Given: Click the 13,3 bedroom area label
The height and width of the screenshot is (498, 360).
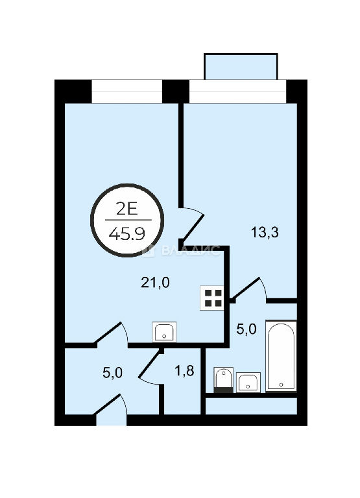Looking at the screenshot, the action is click(265, 233).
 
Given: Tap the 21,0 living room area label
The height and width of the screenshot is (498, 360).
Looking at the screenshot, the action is click(156, 282).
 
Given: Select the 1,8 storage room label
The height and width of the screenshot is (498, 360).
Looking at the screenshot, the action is click(184, 371).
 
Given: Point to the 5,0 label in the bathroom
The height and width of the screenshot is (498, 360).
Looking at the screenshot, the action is click(246, 329).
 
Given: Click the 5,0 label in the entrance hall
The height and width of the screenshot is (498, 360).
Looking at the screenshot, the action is click(112, 372).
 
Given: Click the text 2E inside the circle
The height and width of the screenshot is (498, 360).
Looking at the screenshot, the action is click(126, 209).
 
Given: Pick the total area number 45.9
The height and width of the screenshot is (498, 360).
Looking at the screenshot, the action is click(126, 234).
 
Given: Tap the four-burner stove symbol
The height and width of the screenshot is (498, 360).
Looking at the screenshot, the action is click(212, 298).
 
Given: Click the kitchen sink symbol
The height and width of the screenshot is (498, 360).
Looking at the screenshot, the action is click(164, 332).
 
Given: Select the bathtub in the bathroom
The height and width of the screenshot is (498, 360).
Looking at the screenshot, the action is click(282, 356).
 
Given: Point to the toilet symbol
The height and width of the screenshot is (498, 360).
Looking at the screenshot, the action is click(224, 379).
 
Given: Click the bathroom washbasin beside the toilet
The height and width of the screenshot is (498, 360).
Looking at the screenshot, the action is click(248, 382).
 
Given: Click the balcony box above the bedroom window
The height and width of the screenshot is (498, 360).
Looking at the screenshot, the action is click(241, 66).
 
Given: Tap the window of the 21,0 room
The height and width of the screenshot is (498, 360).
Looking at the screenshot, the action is click(127, 91).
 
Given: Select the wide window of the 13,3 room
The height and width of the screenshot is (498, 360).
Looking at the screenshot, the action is click(238, 91).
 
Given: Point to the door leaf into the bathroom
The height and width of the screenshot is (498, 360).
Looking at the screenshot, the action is click(246, 289).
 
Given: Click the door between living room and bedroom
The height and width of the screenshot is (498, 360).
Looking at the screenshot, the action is click(192, 227).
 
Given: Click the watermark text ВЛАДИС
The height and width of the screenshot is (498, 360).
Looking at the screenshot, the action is click(190, 250).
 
